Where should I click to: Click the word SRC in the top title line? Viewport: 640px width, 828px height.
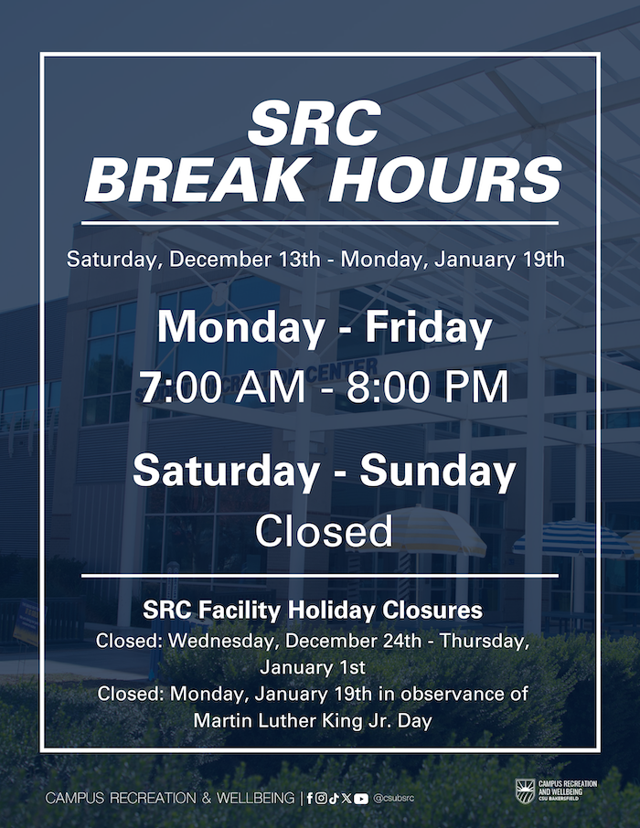[x=315, y=123]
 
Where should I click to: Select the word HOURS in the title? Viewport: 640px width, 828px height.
[x=445, y=179]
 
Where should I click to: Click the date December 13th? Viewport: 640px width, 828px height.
[x=245, y=260]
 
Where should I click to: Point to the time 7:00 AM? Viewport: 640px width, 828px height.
[x=222, y=387]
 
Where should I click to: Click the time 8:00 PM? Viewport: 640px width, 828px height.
[x=428, y=387]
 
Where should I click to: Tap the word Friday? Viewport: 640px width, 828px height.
[x=429, y=328]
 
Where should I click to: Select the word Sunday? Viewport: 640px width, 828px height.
[x=438, y=471]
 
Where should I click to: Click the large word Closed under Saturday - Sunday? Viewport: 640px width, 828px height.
[x=324, y=531]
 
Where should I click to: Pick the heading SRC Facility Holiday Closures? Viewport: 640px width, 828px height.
[x=313, y=610]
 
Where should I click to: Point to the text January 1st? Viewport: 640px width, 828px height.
[x=313, y=667]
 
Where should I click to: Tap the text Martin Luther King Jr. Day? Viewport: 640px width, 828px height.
[x=313, y=720]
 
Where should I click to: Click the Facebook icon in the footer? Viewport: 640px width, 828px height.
[x=310, y=798]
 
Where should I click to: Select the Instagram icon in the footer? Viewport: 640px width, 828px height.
[x=321, y=798]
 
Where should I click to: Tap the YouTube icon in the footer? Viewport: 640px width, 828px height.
[x=361, y=799]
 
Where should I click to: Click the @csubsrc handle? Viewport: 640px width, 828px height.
[x=394, y=798]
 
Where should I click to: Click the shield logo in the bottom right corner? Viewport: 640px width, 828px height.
[x=526, y=791]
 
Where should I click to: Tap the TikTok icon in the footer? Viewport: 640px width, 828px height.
[x=334, y=798]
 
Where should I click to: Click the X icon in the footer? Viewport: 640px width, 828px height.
[x=347, y=798]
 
